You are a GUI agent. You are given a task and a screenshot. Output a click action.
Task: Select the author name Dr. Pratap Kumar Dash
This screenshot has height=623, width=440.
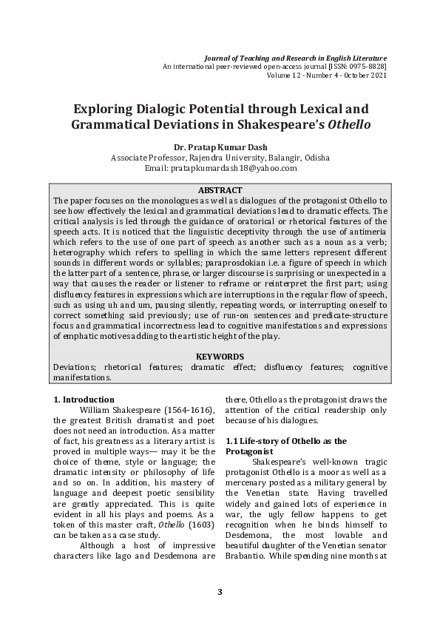(x=220, y=147)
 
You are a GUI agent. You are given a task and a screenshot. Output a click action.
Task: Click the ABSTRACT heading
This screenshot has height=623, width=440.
(x=220, y=190)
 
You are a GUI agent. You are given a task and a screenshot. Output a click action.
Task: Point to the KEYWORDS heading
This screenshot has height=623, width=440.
(x=220, y=357)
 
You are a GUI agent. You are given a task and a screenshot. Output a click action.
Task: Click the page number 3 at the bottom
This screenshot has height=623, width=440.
(x=220, y=591)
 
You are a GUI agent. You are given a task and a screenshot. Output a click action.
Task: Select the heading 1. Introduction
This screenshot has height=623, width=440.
(x=84, y=400)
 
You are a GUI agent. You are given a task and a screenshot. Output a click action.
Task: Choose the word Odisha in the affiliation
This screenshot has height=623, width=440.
(x=314, y=158)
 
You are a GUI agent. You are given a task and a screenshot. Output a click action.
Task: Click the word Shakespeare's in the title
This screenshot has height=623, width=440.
(x=287, y=125)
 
